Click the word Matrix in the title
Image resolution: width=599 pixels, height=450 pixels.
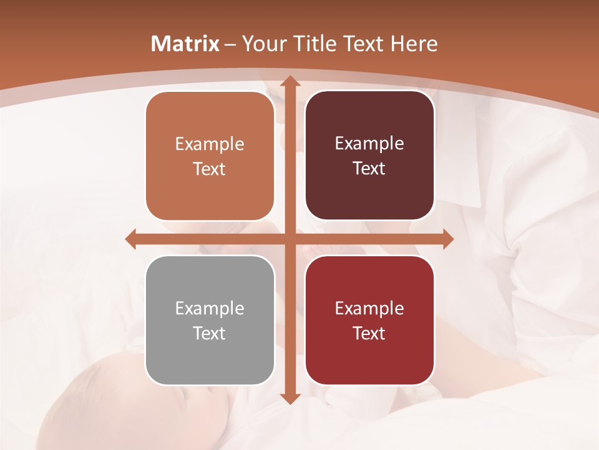(185, 44)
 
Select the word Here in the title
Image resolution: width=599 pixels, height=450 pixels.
(414, 44)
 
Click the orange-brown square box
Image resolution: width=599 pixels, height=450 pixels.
(210, 156)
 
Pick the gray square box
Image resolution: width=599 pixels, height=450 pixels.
(210, 320)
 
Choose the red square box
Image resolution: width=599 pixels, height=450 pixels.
(369, 320)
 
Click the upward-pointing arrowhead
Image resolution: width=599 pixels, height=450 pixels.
(290, 82)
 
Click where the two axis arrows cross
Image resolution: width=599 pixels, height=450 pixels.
(290, 239)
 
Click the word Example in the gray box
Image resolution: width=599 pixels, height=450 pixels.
(210, 308)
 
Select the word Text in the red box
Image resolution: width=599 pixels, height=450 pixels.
(369, 333)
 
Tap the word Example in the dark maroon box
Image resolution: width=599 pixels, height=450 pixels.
(369, 143)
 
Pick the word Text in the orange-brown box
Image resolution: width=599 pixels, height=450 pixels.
(210, 169)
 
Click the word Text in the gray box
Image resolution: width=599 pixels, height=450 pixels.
(210, 333)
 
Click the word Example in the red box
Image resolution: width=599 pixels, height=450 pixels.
(369, 308)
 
